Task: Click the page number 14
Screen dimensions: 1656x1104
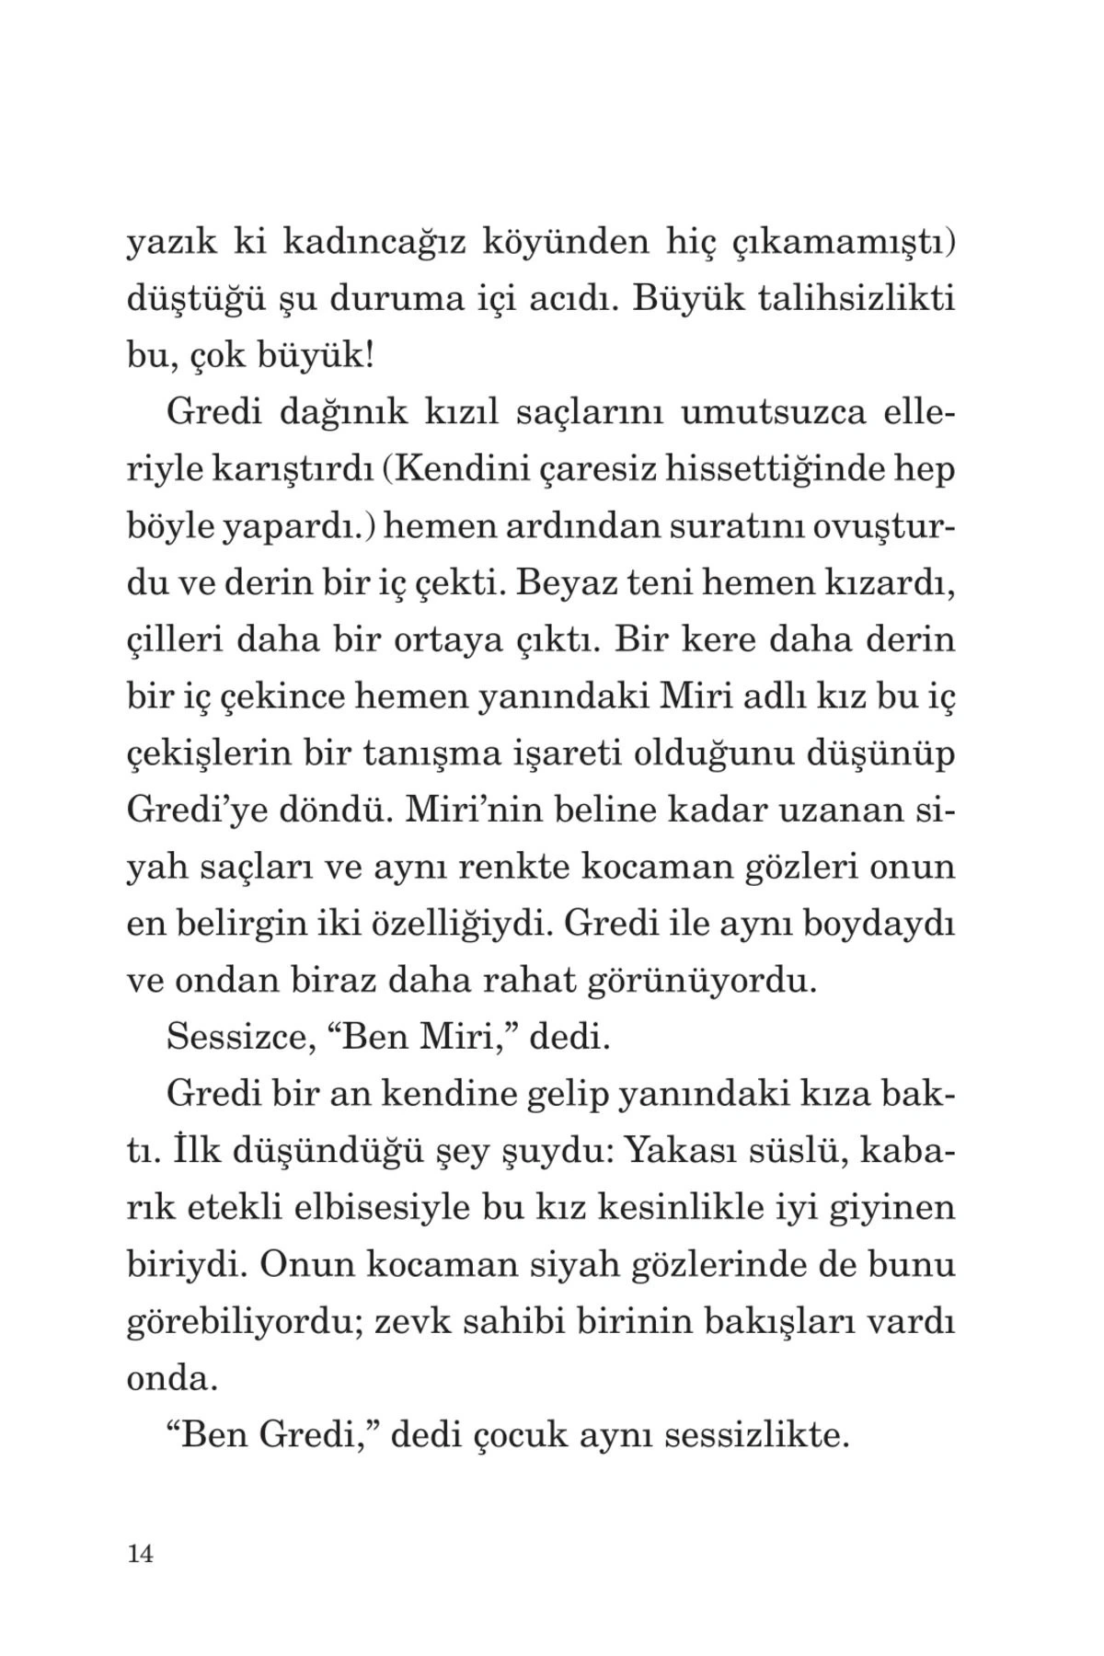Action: [140, 1554]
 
